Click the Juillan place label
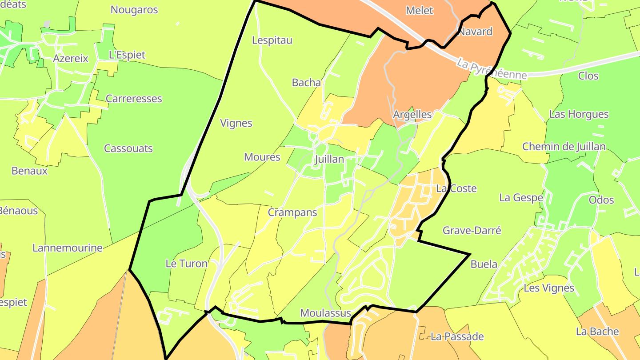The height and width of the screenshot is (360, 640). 329,159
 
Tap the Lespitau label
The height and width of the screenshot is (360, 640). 272,40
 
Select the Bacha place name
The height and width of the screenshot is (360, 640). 306,82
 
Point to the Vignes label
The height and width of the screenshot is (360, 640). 236,123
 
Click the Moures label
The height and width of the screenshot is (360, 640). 262,157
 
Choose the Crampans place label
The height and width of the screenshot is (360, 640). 292,212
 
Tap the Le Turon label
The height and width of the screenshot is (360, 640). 186,264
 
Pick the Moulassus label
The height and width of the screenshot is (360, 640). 326,313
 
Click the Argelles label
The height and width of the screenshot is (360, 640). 412,114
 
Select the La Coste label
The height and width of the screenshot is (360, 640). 456,188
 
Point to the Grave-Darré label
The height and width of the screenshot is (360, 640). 472,230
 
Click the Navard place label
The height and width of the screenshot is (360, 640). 475,32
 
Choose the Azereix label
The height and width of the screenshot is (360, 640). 71,58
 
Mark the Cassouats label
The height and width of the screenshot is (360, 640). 128,148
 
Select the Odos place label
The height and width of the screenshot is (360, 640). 601,200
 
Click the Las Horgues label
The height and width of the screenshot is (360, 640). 579,114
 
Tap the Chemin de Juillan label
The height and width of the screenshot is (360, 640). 564,147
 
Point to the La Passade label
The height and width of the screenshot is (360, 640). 457,336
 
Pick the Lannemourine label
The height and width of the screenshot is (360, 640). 68,248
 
